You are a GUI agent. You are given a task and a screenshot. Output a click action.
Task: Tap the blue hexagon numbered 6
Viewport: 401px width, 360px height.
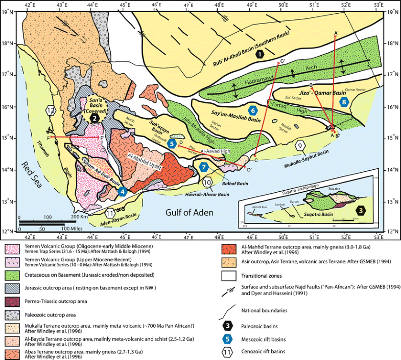251,110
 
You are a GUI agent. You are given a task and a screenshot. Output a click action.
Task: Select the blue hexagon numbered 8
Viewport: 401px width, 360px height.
345,103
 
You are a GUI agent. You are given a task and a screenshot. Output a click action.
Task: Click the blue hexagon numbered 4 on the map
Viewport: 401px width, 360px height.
123,192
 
